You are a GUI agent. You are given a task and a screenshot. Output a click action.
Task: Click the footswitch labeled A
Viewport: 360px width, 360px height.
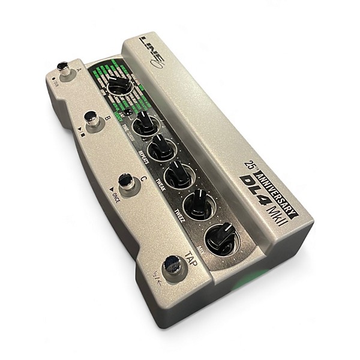click(62, 68)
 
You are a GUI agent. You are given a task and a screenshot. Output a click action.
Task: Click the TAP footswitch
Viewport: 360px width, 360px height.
click(172, 265)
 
